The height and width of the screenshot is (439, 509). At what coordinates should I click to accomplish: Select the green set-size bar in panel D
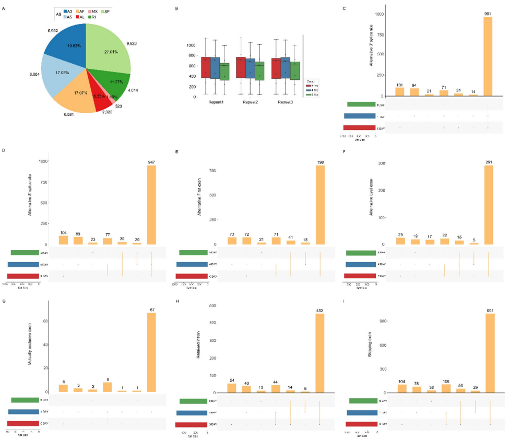click(x=25, y=253)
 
